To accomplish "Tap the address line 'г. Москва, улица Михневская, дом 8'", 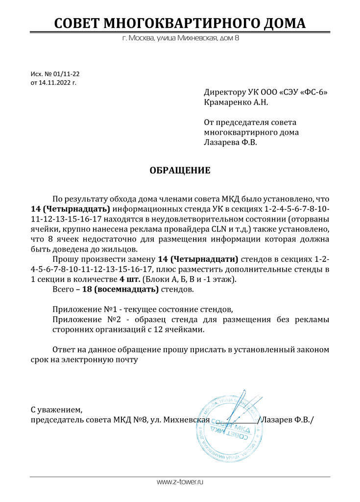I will click(180, 38).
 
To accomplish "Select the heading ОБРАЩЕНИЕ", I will click(180, 171).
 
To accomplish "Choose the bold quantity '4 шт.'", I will click(129, 279).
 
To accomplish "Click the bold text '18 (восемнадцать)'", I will click(120, 289).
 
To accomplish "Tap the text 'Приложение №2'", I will click(79, 320).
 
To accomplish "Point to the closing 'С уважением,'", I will click(53, 409).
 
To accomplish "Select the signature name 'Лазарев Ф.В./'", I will click(288, 420).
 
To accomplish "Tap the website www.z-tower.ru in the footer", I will click(180, 482).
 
